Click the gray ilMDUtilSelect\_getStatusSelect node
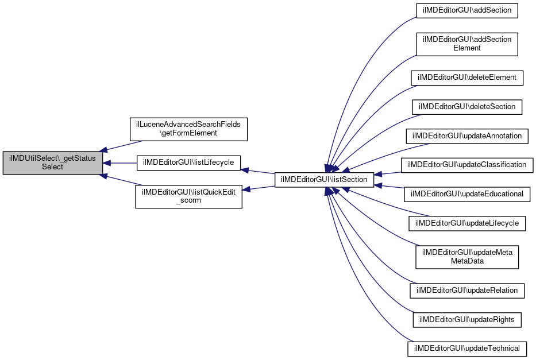53,163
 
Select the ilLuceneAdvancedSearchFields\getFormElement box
188,129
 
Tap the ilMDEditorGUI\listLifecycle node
188,163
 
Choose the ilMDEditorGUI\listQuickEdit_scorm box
188,197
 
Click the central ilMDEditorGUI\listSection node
324,180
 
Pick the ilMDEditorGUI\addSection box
467,10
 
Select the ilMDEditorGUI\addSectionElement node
467,44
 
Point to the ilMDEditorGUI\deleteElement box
467,78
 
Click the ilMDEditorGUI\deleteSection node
467,107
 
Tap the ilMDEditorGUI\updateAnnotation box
467,136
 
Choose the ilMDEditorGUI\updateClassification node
467,165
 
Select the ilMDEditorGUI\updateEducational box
467,194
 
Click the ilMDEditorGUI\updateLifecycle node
467,223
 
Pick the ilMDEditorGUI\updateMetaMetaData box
467,257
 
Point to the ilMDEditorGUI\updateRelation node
467,291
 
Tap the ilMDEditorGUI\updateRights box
467,320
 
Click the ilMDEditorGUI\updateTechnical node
467,349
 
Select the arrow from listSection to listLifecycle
258,172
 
